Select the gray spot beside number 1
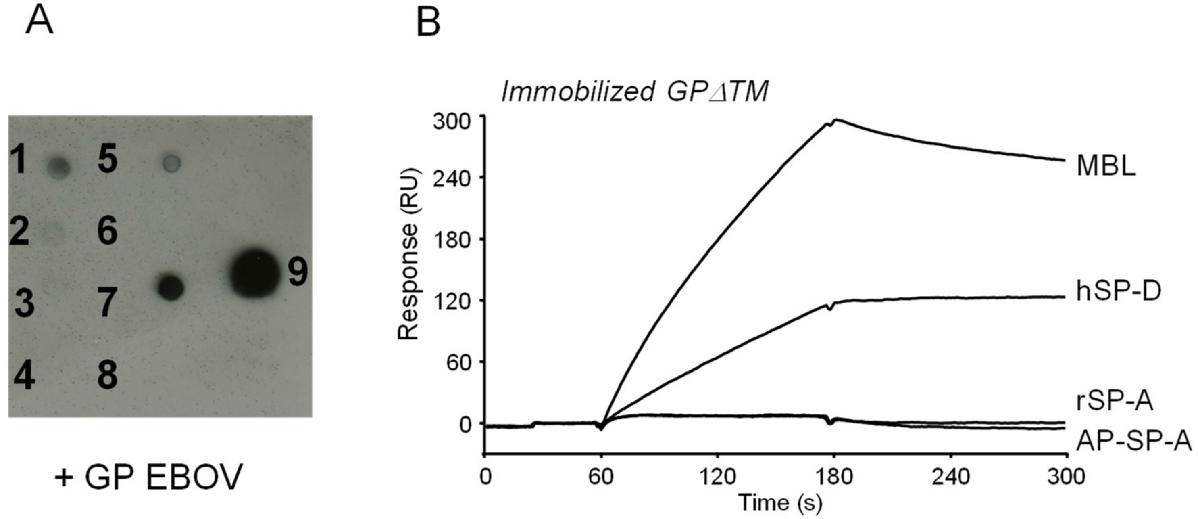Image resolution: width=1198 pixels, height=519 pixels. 60,167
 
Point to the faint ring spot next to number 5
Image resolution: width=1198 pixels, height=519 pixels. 172,163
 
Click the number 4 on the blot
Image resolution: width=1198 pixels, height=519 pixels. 24,376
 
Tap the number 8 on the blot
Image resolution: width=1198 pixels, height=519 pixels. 107,375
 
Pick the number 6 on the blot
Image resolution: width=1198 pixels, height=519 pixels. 107,231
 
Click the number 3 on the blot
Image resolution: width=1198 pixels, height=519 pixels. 23,303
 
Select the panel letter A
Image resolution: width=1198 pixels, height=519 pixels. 39,21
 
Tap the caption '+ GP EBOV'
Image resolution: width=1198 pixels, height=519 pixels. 148,477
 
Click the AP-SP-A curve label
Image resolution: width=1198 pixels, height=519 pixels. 1134,440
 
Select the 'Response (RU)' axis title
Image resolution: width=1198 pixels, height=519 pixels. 409,254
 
